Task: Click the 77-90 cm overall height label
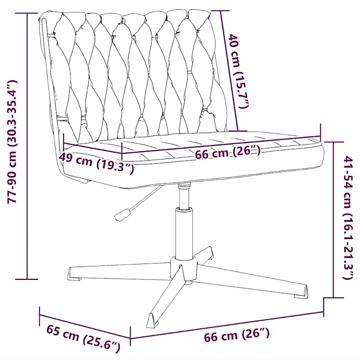point(12,142)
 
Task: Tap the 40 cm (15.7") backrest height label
point(239,71)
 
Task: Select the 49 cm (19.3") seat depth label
point(96,163)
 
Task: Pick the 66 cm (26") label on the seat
point(228,152)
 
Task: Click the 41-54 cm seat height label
point(348,217)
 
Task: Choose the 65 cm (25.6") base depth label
point(84,338)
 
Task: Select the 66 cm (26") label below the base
point(237,335)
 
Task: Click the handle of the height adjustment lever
point(122,215)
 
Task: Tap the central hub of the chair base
point(184,269)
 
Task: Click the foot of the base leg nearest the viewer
point(153,321)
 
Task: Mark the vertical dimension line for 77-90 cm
point(27,146)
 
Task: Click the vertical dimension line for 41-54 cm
point(334,220)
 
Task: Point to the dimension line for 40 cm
point(229,71)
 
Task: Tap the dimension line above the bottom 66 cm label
point(227,325)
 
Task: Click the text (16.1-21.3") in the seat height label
point(348,246)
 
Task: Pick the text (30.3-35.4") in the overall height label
point(12,114)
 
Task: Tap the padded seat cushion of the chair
point(193,161)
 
